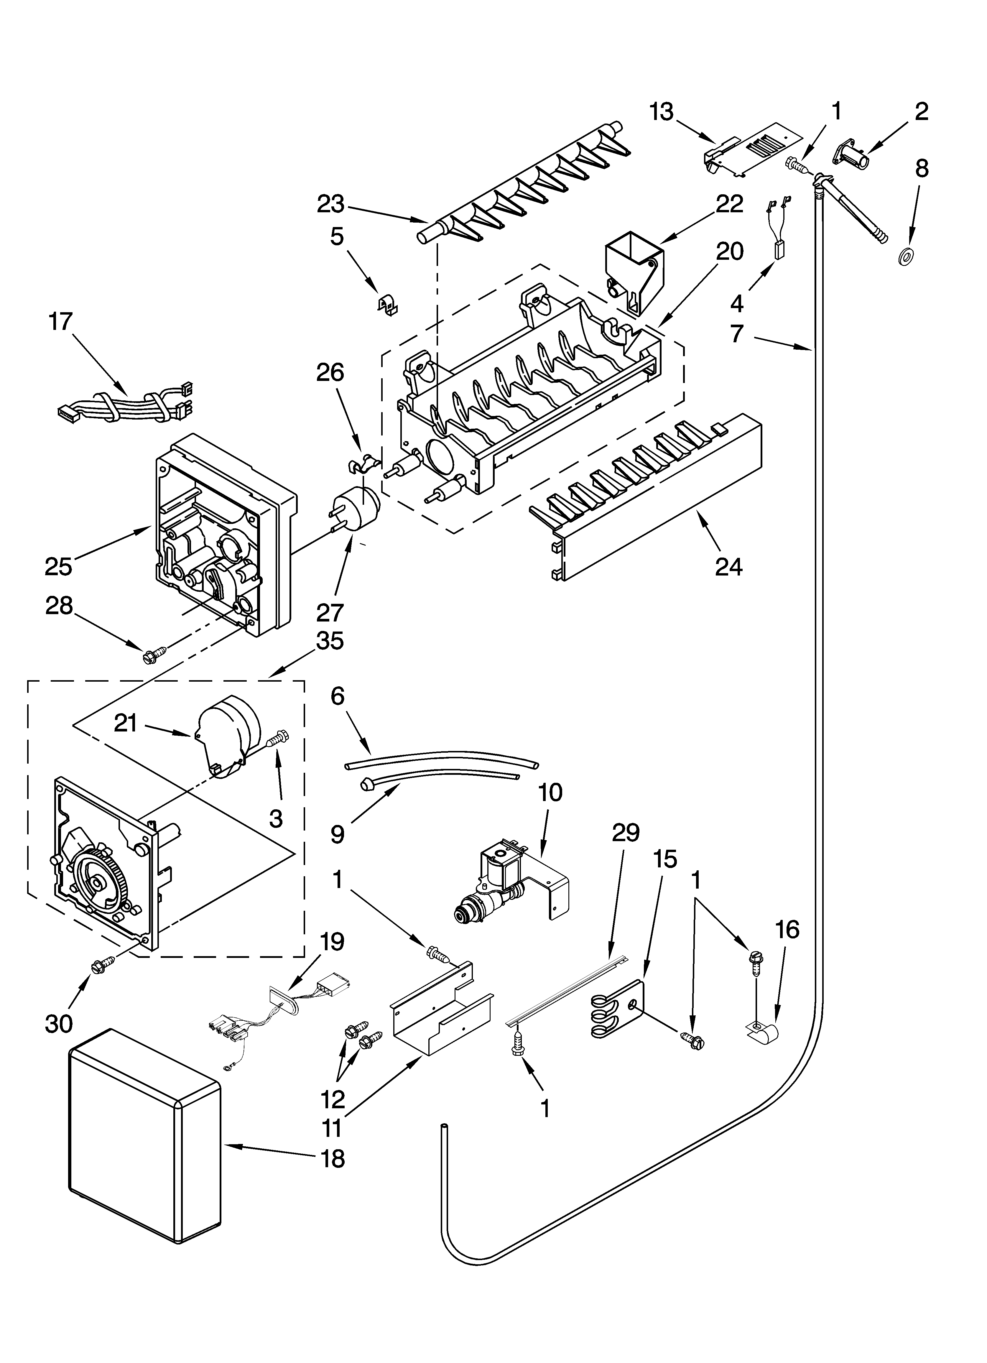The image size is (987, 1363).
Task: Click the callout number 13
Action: (662, 112)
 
